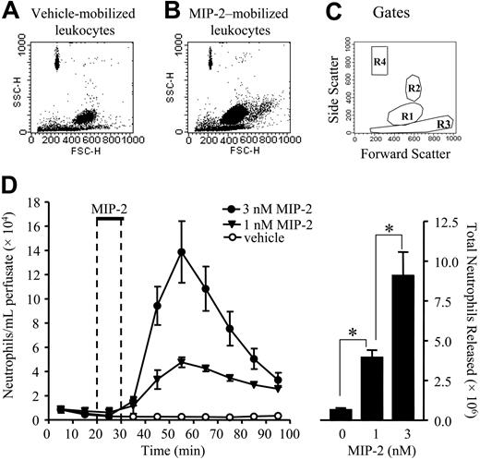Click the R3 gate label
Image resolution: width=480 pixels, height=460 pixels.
[x=443, y=122]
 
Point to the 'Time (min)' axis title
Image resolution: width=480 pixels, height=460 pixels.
[x=167, y=447]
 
